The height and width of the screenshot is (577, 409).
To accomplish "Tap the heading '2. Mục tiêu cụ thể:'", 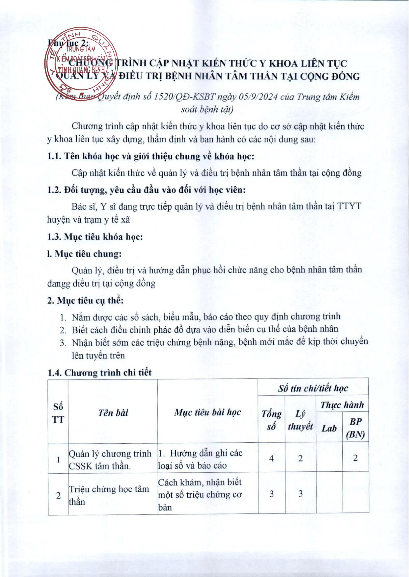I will (85, 300).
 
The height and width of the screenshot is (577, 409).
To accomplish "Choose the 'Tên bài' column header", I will (113, 413).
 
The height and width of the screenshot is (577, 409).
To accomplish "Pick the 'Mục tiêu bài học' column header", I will (207, 412).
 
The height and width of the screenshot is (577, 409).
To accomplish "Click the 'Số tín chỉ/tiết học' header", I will (313, 389).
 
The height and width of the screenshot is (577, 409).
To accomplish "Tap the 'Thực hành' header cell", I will (342, 405).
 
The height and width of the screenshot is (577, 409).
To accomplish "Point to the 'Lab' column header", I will (329, 428).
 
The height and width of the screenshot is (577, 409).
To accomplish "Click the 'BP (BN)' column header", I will (355, 428).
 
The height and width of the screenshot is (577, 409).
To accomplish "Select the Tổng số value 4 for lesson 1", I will (271, 458).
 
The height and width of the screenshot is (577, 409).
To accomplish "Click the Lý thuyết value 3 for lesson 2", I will (300, 494).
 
